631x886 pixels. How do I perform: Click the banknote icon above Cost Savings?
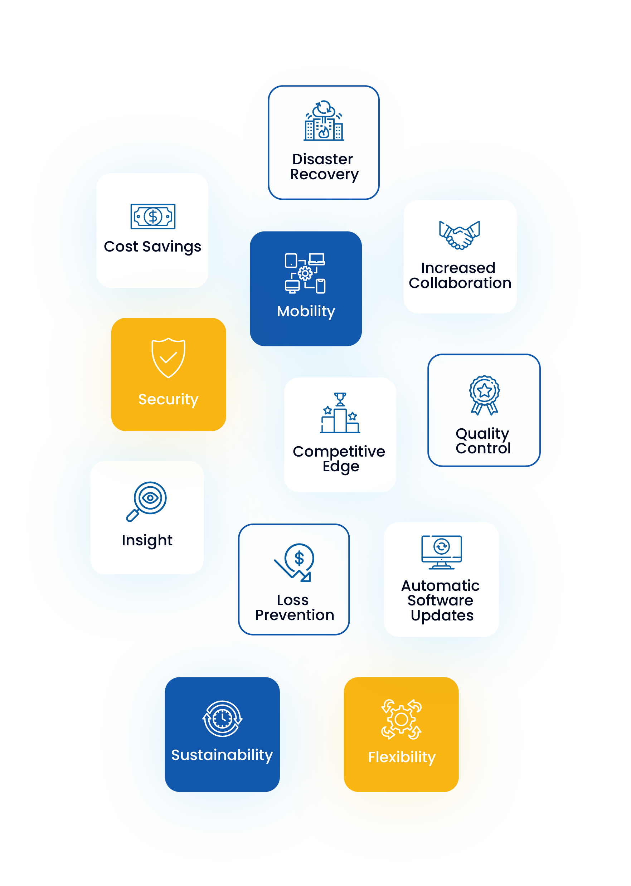click(153, 216)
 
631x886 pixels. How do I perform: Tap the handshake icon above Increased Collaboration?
click(459, 235)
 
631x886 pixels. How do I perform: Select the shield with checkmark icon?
click(168, 357)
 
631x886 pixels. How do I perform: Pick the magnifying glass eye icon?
click(147, 501)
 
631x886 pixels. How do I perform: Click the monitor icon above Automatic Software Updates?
click(441, 552)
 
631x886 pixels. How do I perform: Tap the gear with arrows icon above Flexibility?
click(401, 719)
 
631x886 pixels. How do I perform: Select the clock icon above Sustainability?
click(222, 718)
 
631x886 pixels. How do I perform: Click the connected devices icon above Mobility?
click(305, 273)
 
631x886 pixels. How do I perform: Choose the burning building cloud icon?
click(324, 121)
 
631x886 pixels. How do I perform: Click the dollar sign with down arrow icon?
click(295, 562)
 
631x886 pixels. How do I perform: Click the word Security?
click(168, 399)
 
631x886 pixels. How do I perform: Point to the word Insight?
click(147, 540)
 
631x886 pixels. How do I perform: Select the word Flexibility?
click(401, 757)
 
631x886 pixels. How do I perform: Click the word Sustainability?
click(222, 755)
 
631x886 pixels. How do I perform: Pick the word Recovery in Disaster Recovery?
click(324, 175)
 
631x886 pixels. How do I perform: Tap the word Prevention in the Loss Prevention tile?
click(295, 615)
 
